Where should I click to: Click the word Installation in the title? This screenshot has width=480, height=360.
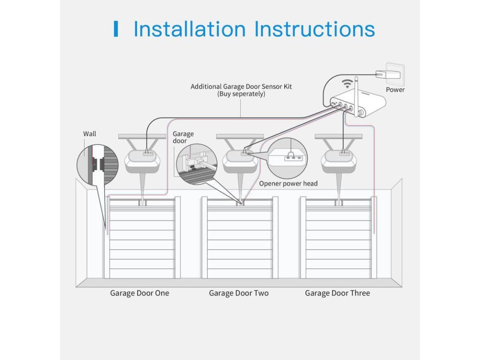189,29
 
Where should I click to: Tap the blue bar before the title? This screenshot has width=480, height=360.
116,29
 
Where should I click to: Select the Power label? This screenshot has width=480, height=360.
395,90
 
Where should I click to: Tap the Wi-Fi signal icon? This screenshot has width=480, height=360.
346,84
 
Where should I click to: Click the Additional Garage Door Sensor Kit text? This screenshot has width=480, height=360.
241,86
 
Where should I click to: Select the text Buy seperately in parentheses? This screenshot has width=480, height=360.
241,94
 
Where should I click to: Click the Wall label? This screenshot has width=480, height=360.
90,134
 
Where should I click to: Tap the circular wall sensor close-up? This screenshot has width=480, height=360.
97,165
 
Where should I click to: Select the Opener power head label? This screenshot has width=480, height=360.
288,183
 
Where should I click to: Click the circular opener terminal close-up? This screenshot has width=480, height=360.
287,157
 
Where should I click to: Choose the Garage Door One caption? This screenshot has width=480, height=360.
140,293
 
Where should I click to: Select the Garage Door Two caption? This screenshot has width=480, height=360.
239,293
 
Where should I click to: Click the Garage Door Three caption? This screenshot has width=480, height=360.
337,293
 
